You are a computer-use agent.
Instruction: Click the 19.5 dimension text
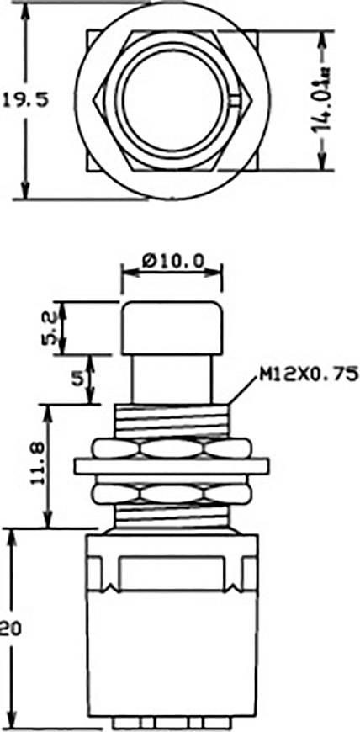[x=24, y=101]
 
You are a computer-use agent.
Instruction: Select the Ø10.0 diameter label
[x=172, y=262]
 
